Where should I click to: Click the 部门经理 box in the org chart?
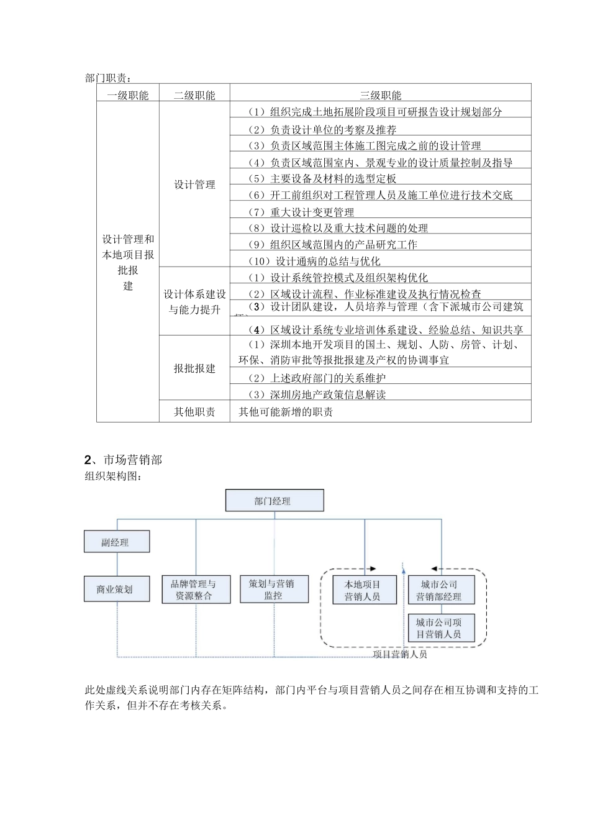tap(274, 501)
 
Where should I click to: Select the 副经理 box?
tap(116, 542)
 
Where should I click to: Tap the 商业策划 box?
tap(116, 589)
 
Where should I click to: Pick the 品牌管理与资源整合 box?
tap(194, 590)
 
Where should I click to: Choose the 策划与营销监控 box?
tap(274, 590)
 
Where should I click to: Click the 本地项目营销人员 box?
tap(363, 590)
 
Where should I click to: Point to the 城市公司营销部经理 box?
tap(441, 590)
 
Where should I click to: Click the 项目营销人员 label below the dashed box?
tap(400, 654)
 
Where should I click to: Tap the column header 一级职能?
tap(128, 95)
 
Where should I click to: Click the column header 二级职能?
tap(194, 95)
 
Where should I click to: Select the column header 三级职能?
tap(380, 95)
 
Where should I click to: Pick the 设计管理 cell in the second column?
tap(194, 185)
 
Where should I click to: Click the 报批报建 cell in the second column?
tap(194, 368)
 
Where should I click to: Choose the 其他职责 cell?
tap(194, 411)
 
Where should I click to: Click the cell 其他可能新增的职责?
tap(286, 411)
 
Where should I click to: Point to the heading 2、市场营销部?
tap(123, 460)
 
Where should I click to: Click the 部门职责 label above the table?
tap(108, 78)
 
